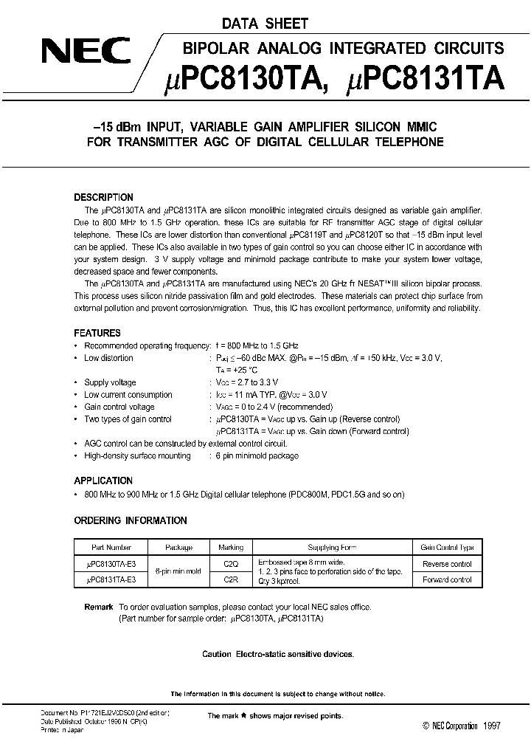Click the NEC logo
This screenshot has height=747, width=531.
tap(85, 52)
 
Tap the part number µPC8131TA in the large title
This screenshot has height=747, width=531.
tap(425, 78)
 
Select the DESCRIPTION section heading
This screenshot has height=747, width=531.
tap(104, 197)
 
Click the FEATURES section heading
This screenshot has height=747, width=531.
tap(97, 333)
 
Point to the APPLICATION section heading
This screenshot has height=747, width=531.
tap(104, 481)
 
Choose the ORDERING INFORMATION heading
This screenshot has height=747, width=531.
tap(131, 520)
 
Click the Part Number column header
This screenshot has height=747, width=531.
tap(111, 548)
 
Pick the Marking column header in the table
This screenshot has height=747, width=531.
tap(231, 548)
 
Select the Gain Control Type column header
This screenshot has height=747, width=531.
tap(447, 548)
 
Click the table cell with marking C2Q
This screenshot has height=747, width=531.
tap(231, 563)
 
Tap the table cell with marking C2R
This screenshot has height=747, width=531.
tap(231, 579)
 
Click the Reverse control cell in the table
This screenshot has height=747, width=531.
tap(447, 563)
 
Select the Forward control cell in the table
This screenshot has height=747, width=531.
tap(447, 579)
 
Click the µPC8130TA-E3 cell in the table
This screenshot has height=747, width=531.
tap(111, 563)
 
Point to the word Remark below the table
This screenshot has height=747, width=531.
tap(99, 607)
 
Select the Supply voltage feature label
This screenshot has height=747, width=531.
tap(110, 382)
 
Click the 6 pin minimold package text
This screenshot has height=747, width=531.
tap(257, 455)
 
